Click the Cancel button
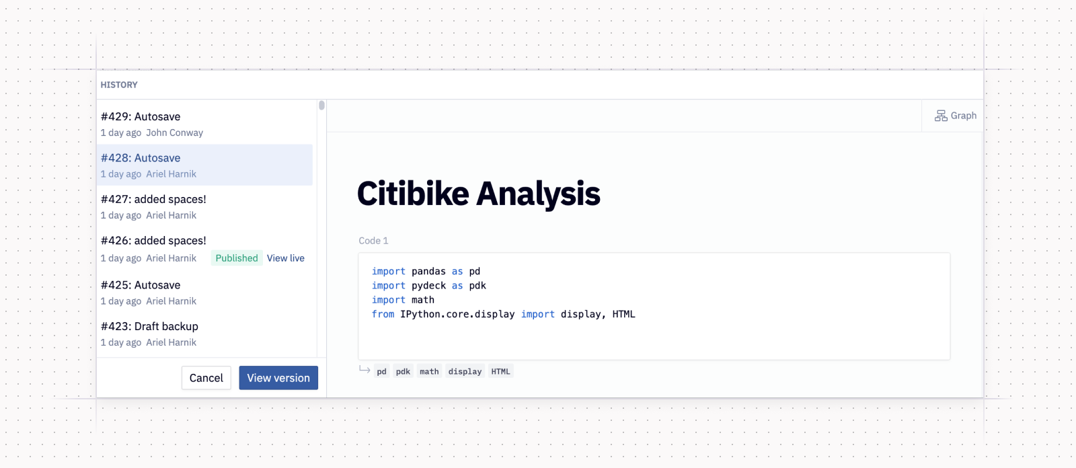pos(206,378)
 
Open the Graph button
pos(955,116)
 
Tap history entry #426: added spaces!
pos(153,241)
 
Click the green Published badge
pos(237,258)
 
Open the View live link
pos(286,258)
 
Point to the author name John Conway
pos(174,133)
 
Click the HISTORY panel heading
pos(119,85)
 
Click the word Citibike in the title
pos(413,194)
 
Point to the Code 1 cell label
pos(373,241)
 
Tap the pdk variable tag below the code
pos(403,372)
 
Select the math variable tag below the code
pos(429,372)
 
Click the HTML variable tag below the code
pos(500,372)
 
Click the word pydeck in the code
pos(428,286)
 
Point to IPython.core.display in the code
pos(457,315)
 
